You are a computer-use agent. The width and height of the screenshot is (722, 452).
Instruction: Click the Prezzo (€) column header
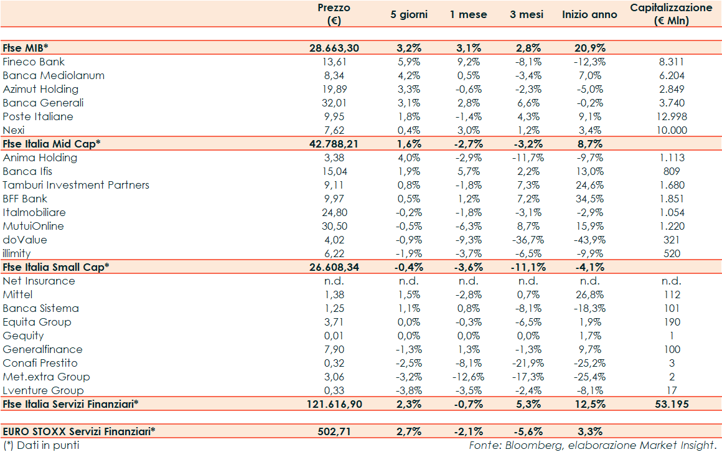(334, 14)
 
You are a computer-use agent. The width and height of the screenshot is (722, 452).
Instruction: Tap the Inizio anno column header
(589, 14)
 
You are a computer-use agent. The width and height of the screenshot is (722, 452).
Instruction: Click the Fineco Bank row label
(34, 62)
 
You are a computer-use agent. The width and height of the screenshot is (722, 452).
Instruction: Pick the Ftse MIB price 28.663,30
(334, 48)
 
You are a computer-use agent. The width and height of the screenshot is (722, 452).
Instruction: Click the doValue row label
(25, 240)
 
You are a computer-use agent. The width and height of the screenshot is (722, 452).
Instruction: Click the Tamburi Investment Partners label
(76, 185)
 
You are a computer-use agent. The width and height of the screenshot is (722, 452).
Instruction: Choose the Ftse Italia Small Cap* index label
(56, 267)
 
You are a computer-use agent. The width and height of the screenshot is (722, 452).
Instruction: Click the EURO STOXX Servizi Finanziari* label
(79, 431)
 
